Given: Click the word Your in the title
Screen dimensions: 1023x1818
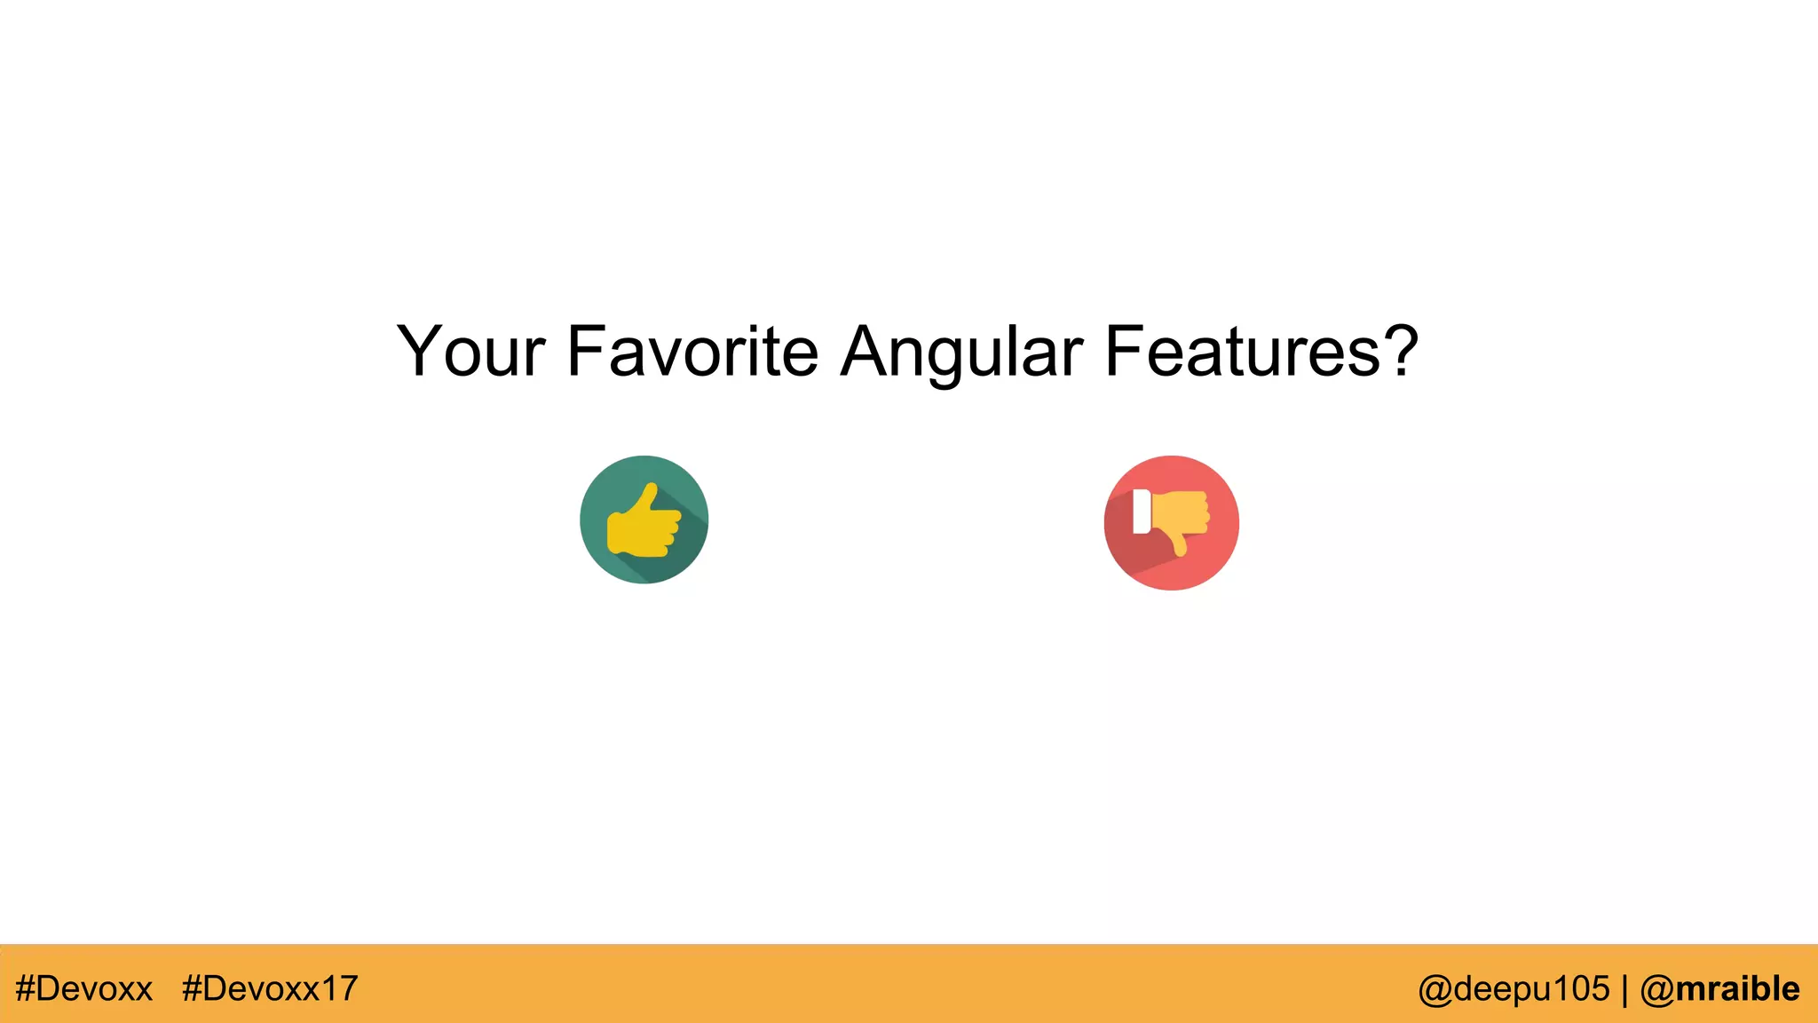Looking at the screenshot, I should pos(470,352).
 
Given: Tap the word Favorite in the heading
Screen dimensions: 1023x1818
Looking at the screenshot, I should pos(692,352).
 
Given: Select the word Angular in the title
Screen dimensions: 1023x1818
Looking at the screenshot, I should pos(961,353).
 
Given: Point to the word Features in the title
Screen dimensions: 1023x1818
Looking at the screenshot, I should pos(1243,352).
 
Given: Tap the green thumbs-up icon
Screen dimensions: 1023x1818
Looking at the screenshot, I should pos(644,519).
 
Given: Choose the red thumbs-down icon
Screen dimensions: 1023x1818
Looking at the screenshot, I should pos(1171,523).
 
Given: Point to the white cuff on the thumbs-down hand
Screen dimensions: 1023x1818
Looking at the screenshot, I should pos(1142,511).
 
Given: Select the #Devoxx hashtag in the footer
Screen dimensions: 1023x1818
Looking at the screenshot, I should pos(84,988).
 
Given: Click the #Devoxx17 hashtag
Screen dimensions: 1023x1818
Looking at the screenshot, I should pos(270,988).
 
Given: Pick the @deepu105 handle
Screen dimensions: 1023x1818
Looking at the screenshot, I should pos(1514,988).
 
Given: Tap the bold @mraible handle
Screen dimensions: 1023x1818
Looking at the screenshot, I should pos(1719,988).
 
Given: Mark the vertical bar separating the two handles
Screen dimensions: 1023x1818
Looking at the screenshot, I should pos(1624,989).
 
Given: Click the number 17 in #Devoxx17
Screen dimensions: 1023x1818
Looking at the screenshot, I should pos(340,988).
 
